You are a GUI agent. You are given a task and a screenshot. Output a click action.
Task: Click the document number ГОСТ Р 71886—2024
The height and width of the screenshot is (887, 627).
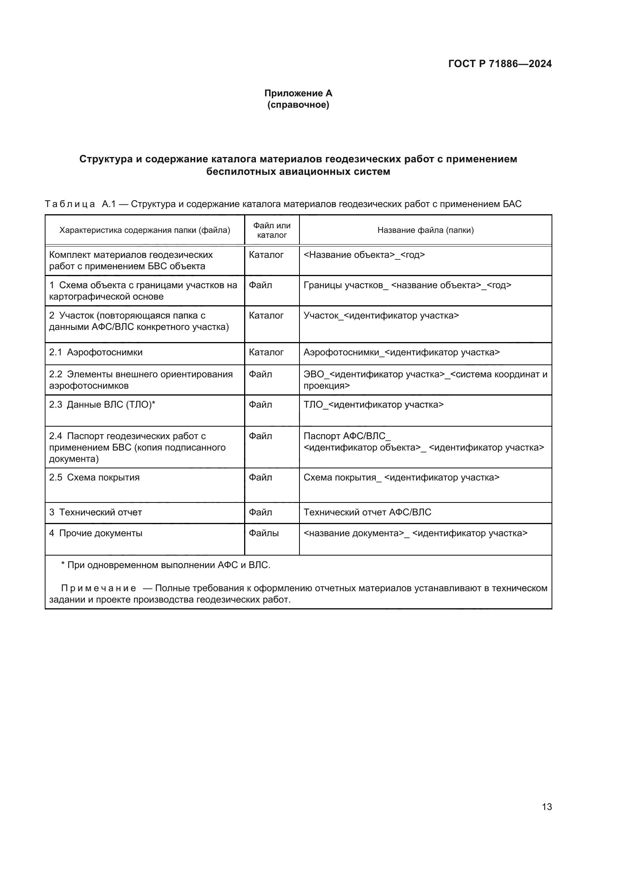[500, 64]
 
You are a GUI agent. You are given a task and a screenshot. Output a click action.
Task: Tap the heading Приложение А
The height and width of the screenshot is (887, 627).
[298, 93]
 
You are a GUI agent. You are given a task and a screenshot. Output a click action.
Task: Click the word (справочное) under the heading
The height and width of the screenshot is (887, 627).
[298, 105]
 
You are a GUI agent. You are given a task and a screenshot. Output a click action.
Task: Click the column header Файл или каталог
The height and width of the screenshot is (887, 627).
[272, 230]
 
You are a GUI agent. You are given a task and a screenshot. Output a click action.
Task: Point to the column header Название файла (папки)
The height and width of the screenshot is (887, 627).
[425, 230]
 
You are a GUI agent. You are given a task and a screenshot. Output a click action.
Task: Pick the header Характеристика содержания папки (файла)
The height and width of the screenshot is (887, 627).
[144, 230]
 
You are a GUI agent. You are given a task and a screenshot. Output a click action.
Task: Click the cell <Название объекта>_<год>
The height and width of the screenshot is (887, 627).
[364, 255]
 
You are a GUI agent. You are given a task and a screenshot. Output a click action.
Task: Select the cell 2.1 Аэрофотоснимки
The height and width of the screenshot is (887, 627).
[96, 352]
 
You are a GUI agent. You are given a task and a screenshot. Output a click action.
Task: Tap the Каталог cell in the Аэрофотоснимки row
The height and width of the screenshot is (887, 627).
[266, 352]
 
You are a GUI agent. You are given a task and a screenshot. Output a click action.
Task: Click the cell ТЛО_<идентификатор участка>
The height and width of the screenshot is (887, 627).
[373, 405]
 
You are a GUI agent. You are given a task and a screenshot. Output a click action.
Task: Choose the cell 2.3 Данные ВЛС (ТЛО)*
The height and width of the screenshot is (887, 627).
[102, 405]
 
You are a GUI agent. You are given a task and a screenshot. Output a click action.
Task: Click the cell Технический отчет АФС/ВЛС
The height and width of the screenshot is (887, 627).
[367, 512]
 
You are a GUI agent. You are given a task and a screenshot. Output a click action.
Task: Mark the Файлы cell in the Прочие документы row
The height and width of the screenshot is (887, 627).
[264, 533]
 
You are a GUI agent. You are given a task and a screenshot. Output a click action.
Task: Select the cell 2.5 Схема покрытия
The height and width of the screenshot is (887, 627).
[94, 477]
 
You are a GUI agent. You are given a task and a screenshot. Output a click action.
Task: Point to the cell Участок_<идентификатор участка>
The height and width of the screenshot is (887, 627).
[381, 316]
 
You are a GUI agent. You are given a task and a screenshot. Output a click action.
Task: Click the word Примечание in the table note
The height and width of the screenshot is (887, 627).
[99, 589]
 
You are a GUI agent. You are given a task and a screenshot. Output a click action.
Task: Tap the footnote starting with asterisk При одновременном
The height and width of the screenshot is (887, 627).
[166, 565]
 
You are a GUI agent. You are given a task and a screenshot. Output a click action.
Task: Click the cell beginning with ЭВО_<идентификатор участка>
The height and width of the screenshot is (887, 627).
[425, 380]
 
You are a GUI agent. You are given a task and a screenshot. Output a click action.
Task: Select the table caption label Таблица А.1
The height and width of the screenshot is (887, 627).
[80, 204]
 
